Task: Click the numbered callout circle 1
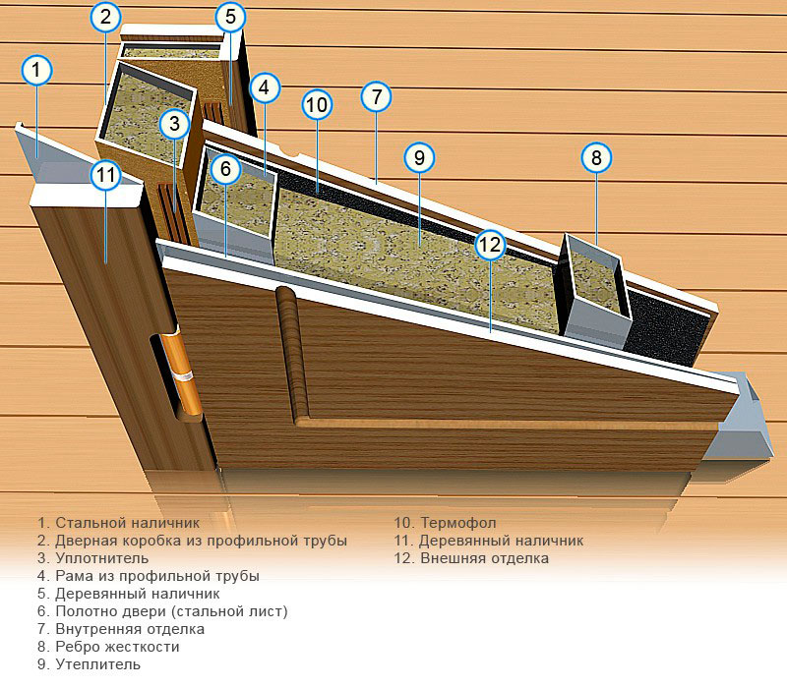(36, 70)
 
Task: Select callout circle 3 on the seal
(174, 124)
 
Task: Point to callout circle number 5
(229, 17)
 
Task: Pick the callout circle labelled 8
(596, 156)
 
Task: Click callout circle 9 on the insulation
(418, 156)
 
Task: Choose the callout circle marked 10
(316, 104)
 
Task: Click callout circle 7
(376, 97)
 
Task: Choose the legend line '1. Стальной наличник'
(118, 523)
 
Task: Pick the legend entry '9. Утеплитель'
(89, 664)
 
